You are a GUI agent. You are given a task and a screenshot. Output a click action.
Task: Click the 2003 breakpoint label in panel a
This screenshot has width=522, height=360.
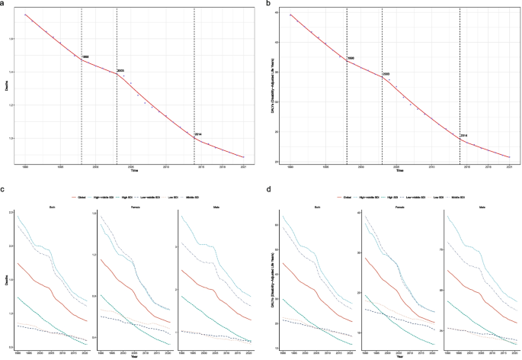pos(120,70)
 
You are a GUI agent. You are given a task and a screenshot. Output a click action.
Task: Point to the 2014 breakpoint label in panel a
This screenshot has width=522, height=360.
pos(198,134)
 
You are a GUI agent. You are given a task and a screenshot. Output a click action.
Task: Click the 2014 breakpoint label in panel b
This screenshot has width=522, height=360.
pos(464,136)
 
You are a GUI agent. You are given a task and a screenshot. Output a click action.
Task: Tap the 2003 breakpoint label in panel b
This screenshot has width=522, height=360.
pos(386,73)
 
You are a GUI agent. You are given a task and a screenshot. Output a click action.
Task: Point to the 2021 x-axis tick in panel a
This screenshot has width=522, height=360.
pos(243,165)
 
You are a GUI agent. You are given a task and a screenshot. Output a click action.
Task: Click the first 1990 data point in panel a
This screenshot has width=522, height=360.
pos(26,14)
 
